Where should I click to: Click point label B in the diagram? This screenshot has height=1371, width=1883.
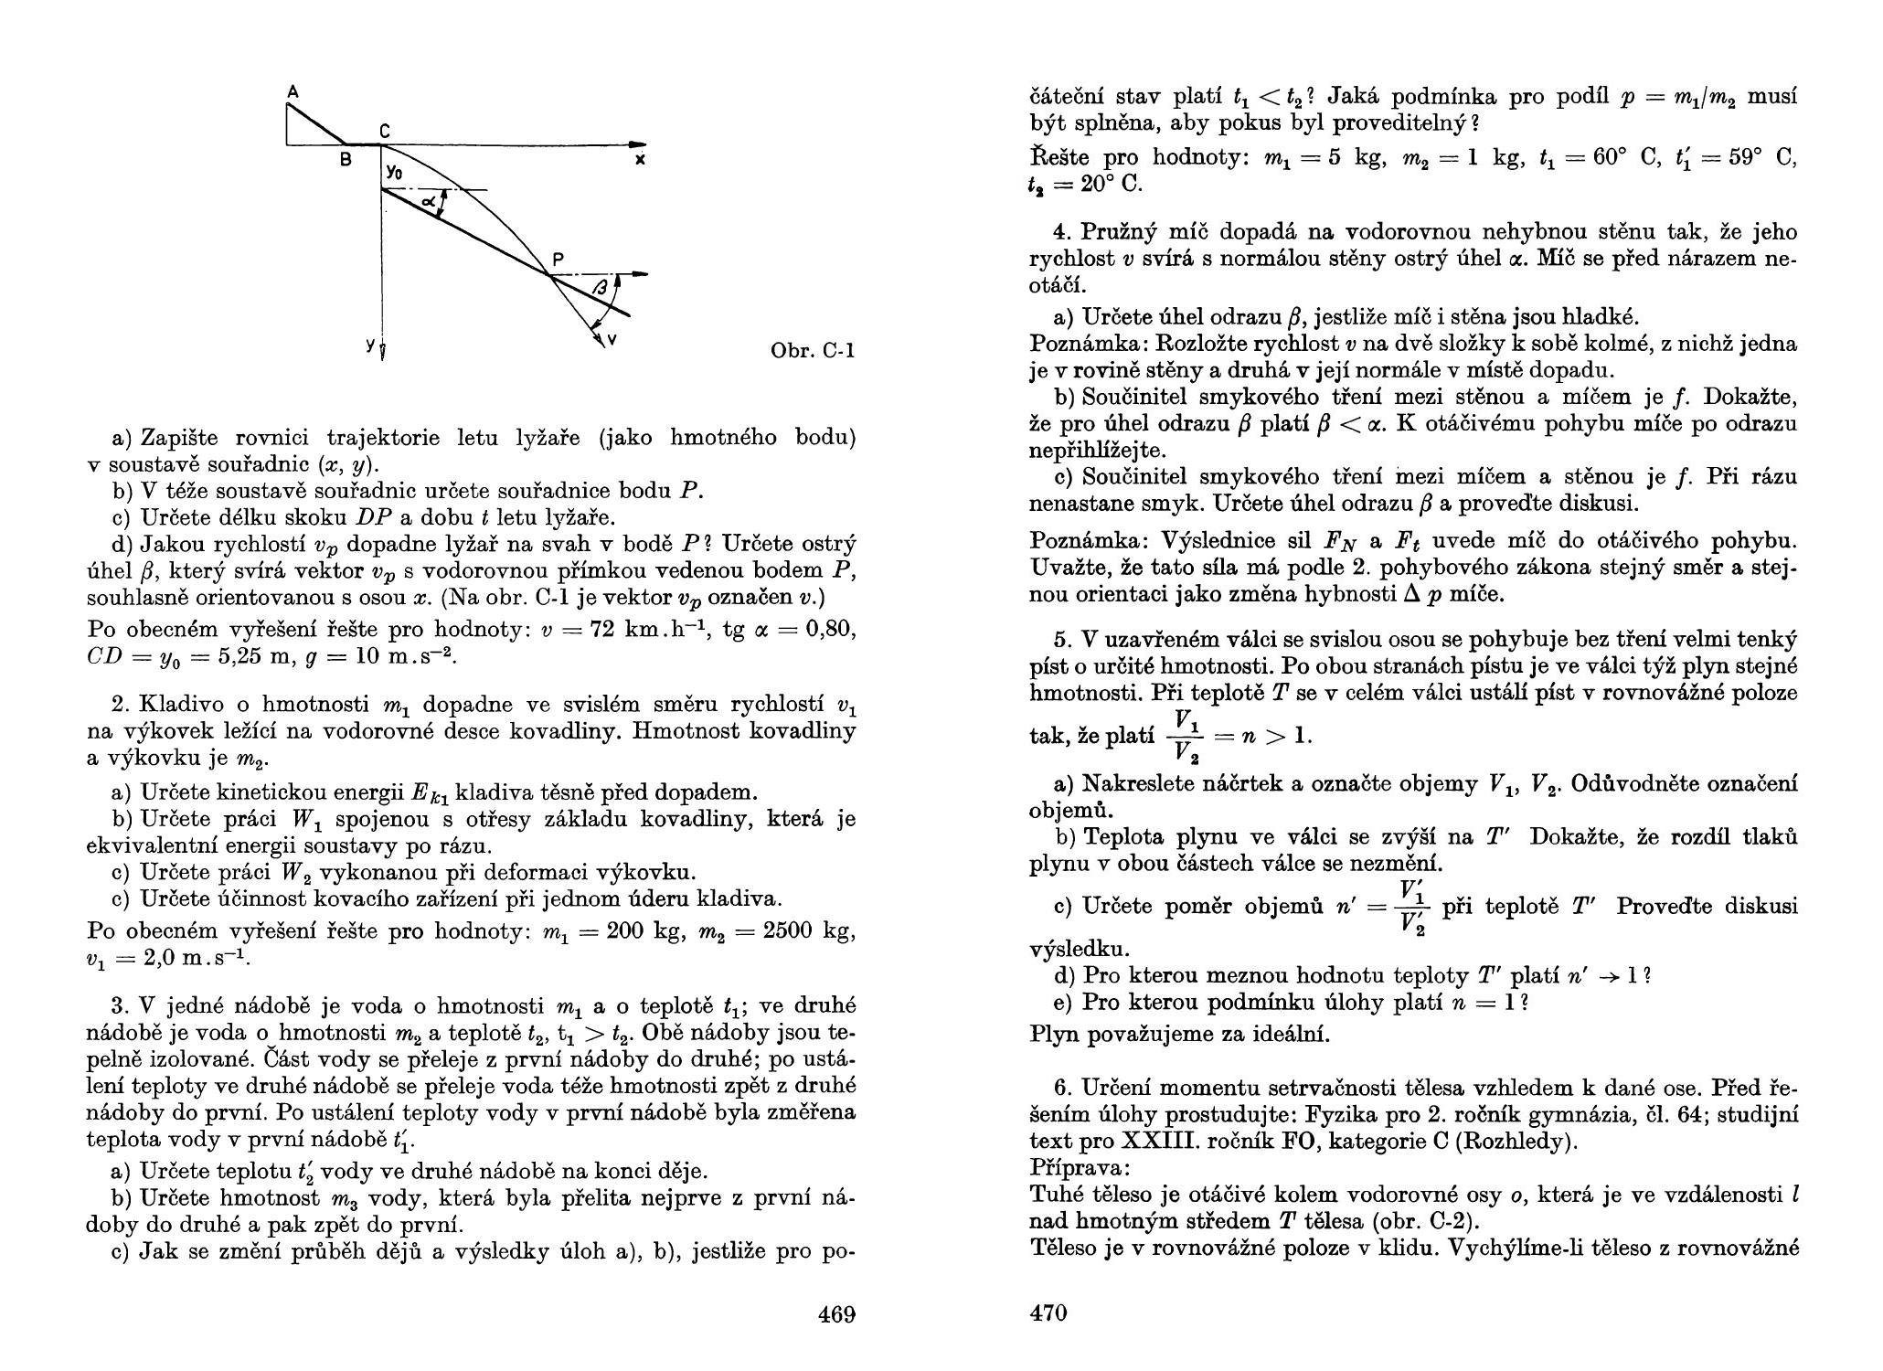click(x=346, y=160)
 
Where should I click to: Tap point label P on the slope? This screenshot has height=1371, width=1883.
click(x=558, y=260)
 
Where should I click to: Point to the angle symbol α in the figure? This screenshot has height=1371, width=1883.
click(x=427, y=199)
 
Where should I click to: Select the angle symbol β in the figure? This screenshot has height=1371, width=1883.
click(x=600, y=288)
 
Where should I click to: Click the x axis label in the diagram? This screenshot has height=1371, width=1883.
click(x=641, y=160)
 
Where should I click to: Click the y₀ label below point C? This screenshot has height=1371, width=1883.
click(x=394, y=171)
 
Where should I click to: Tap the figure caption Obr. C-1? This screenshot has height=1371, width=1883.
click(x=813, y=350)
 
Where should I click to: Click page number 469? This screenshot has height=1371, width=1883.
click(x=836, y=1314)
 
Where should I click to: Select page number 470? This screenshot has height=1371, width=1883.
click(x=1048, y=1313)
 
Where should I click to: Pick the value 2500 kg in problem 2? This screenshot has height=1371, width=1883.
click(x=800, y=931)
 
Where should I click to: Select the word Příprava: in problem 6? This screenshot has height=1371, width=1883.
click(x=1080, y=1168)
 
